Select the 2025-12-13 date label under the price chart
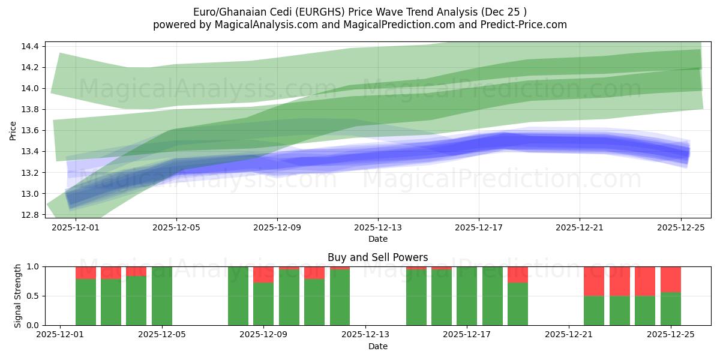[x=378, y=228]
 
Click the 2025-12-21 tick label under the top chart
[x=580, y=228]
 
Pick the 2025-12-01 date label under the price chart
[x=76, y=228]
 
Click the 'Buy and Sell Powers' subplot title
[x=378, y=257]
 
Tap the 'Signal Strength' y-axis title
[x=18, y=296]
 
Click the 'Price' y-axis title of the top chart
[x=13, y=130]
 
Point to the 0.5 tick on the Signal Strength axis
[x=33, y=296]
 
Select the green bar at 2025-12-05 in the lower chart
[x=162, y=296]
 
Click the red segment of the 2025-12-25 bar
[x=671, y=279]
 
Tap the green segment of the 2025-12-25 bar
[x=671, y=309]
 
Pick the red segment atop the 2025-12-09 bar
[x=263, y=274]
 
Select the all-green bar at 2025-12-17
[x=467, y=296]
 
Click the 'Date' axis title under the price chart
[x=378, y=239]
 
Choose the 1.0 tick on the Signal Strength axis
[x=33, y=266]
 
